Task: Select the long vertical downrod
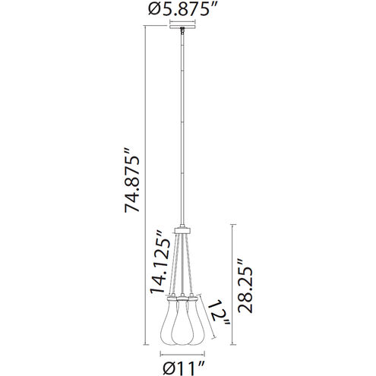183,129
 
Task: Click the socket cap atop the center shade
183,297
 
